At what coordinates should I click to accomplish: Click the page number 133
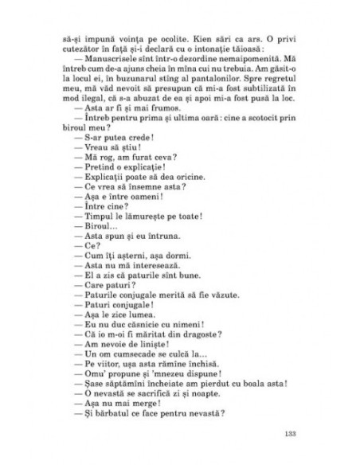click(x=290, y=433)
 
